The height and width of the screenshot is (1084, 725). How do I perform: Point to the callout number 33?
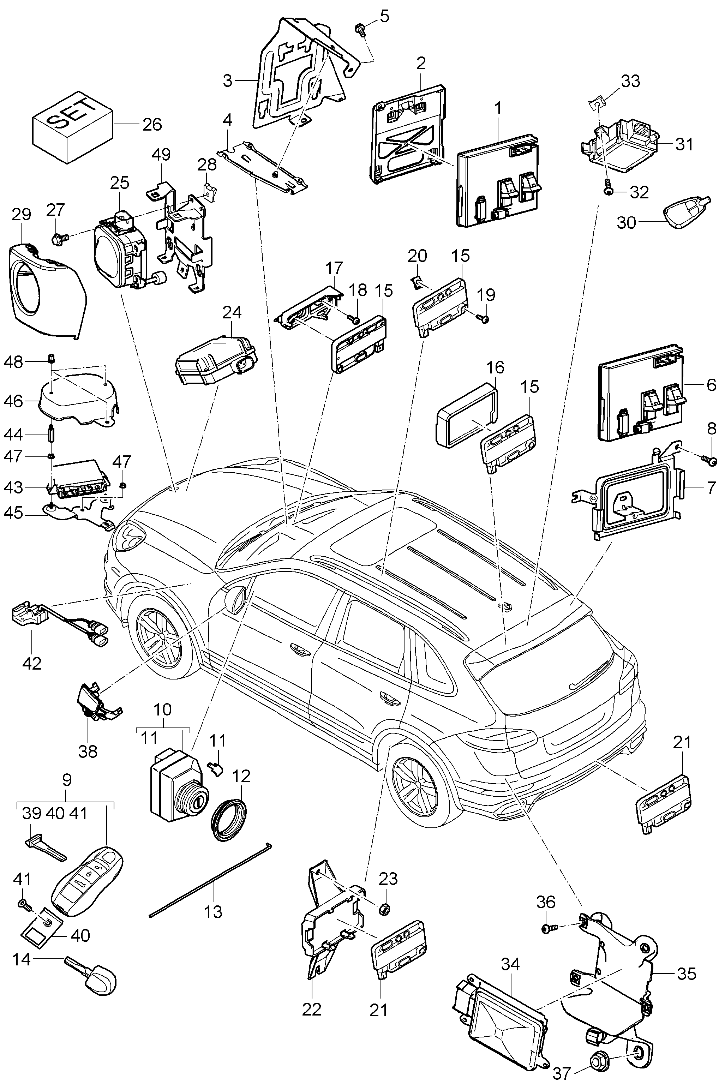click(630, 81)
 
